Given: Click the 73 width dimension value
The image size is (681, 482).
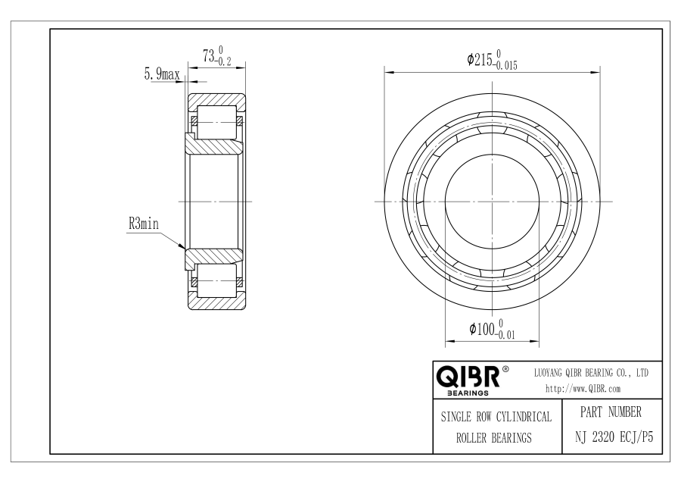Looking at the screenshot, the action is point(216,56).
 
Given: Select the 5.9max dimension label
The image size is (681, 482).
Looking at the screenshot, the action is point(162,74).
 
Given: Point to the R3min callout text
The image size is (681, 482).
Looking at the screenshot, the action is point(144,224).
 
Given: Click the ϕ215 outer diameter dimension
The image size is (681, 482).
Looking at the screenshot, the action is point(492,60).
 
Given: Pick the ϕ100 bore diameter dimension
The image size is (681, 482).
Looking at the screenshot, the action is point(492,330).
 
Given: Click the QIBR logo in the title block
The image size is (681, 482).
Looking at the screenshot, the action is point(468,377).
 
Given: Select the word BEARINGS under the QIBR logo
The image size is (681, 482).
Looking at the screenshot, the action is point(468,393).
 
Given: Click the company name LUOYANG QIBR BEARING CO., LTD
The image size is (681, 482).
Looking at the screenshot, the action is point(591,373).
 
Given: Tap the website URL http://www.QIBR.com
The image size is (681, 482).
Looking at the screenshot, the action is point(583,389).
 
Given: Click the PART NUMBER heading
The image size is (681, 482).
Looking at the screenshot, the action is point(611,412).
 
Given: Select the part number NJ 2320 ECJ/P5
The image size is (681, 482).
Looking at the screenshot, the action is point(614,437).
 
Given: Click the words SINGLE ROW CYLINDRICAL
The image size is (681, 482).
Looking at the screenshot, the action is point(496,417).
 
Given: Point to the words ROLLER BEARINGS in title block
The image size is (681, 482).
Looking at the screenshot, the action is point(494,437).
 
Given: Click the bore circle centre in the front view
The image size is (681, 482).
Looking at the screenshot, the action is point(492,202).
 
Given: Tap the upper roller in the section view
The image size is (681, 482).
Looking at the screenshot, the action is point(216,121).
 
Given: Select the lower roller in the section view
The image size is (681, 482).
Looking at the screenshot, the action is point(216,281).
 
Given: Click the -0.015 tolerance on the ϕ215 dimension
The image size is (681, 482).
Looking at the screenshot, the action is point(505,66).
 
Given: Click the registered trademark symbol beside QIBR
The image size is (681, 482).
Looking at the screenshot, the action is point(505,369).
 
